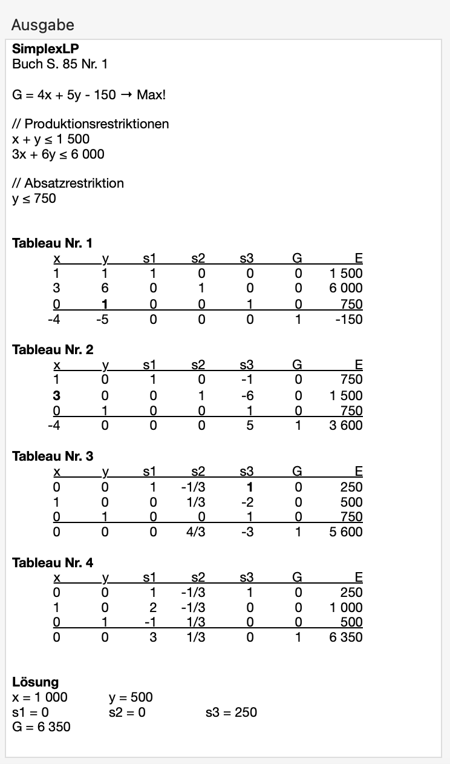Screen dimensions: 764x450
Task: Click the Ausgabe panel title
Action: (x=42, y=25)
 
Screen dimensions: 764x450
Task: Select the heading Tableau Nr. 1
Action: (x=53, y=243)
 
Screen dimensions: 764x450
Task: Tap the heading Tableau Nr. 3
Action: (x=53, y=456)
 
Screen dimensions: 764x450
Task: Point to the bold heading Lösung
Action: (x=35, y=683)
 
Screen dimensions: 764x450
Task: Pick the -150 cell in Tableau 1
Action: (x=349, y=318)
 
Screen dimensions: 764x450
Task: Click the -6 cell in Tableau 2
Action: (x=246, y=395)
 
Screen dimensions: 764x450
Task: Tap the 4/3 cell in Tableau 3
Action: (x=198, y=532)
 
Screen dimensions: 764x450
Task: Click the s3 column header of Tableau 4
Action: (x=246, y=578)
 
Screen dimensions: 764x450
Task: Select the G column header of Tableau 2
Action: (x=297, y=365)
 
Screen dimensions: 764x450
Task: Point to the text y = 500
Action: (x=131, y=697)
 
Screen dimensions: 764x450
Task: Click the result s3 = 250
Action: (x=231, y=712)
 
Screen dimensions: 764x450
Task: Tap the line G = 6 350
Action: (x=41, y=726)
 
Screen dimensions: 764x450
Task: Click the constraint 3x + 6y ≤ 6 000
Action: (x=58, y=154)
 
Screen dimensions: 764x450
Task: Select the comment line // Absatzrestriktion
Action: (x=68, y=183)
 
